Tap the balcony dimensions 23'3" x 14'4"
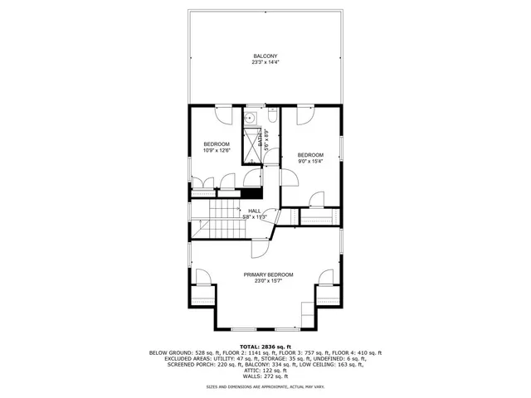[x=265, y=63]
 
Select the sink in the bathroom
[x=249, y=119]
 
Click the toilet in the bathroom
[x=272, y=119]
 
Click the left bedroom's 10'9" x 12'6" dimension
[x=216, y=150]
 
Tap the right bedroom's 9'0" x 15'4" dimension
[x=310, y=160]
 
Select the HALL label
[x=255, y=211]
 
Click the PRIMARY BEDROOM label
[x=268, y=274]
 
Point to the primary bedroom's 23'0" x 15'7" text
[x=268, y=280]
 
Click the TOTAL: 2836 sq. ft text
[x=265, y=346]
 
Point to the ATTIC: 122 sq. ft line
[x=265, y=369]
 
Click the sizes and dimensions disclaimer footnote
[x=265, y=386]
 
